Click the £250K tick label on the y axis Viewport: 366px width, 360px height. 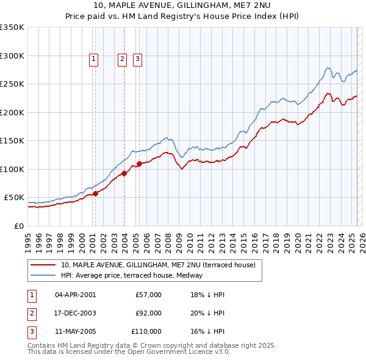click(x=12, y=84)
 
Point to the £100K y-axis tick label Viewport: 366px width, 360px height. click(x=12, y=169)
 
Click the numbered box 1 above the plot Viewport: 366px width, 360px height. click(x=94, y=59)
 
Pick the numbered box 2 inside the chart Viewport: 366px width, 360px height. click(x=123, y=59)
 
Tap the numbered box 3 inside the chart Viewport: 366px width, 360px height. click(x=138, y=59)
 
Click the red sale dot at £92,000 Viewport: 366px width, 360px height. click(x=124, y=173)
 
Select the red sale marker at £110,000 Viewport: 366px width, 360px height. click(x=139, y=164)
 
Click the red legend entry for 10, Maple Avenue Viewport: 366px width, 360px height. click(x=161, y=265)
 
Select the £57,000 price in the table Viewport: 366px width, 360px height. click(x=148, y=295)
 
